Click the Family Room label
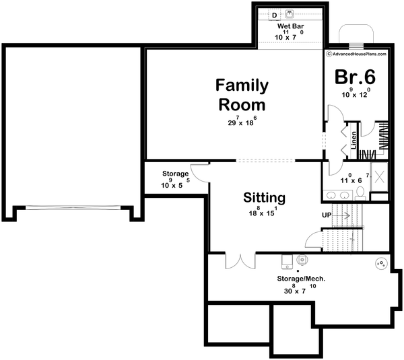point(241,95)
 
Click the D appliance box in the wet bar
point(275,14)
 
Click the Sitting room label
point(264,198)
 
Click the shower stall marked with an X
point(379,178)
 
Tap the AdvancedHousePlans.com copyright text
point(358,54)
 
